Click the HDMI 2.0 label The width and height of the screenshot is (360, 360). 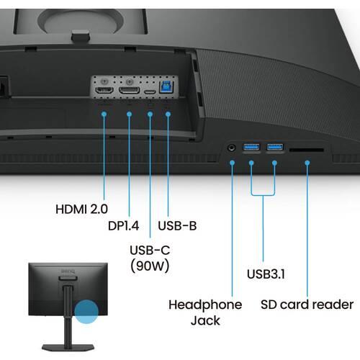point(81,209)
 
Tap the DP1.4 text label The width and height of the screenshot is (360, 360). point(123,225)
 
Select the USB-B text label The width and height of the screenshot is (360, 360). point(177,225)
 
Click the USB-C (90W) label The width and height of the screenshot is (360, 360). point(150,258)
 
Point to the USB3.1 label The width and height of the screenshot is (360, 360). point(266,274)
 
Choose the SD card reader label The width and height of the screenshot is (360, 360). point(307,305)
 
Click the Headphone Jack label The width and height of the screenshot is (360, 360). point(205,312)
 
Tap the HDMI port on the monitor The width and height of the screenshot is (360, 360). point(104,91)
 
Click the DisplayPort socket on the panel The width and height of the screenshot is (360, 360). point(129,91)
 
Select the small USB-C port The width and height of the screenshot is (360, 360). point(150,92)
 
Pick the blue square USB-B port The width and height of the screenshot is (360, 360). point(167,87)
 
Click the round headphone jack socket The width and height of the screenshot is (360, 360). point(231,148)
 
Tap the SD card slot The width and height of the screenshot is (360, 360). point(307,150)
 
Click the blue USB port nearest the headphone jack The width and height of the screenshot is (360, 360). point(251,147)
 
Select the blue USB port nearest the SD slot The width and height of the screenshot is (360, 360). point(275,146)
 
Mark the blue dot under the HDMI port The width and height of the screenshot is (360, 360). point(104,114)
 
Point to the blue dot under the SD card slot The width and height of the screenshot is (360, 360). point(307,163)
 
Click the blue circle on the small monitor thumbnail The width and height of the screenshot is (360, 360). point(86,312)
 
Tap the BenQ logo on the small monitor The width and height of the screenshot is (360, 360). point(68,271)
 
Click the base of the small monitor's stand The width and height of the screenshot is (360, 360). point(68,347)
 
